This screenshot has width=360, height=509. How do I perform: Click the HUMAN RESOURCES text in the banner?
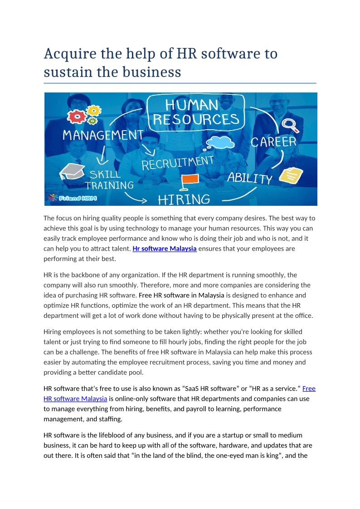(x=196, y=112)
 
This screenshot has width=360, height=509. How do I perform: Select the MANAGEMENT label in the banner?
(x=103, y=135)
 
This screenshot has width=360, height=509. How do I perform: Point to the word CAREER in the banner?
(x=273, y=142)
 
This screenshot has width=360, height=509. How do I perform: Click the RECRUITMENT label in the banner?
(x=177, y=163)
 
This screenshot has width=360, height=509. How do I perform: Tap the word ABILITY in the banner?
(x=250, y=177)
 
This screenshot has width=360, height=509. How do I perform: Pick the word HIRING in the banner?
(x=184, y=199)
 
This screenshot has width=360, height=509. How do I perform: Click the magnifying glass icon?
(x=289, y=124)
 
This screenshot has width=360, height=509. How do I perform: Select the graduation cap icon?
(x=72, y=171)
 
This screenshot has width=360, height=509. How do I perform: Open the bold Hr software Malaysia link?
(x=164, y=249)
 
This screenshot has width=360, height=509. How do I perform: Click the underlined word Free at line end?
(x=309, y=388)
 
